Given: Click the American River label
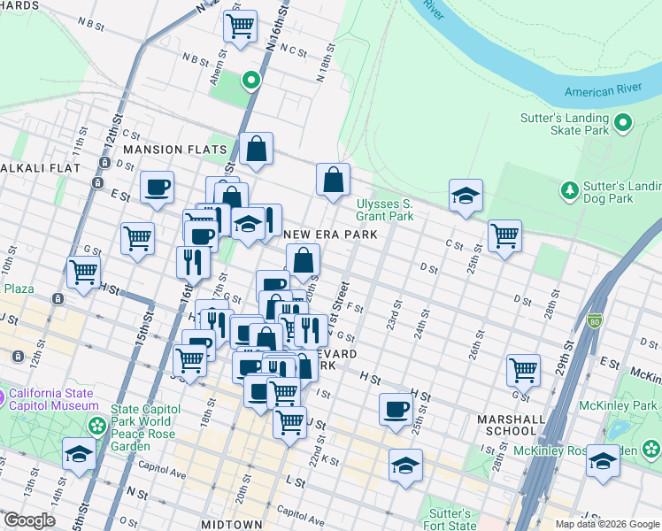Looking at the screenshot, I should [603, 92].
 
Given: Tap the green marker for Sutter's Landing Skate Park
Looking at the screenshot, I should [623, 123].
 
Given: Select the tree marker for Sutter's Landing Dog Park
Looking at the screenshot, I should [568, 189].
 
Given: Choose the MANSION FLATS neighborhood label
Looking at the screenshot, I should [170, 150].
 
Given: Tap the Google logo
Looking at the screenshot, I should [28, 520].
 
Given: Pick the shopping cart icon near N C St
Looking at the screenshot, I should [240, 26].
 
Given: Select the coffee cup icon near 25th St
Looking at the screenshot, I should [396, 408].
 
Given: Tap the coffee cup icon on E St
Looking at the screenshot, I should [158, 187].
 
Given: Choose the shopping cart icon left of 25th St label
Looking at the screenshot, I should [504, 235].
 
